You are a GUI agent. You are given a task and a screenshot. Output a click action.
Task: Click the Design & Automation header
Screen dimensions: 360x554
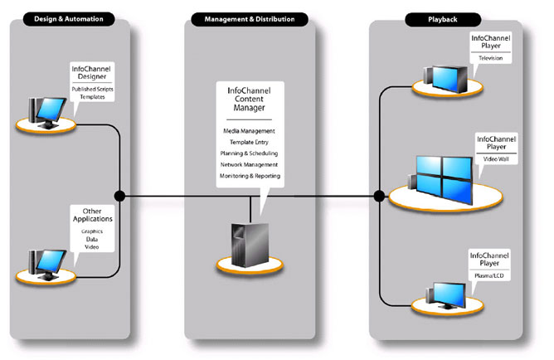[x=68, y=17]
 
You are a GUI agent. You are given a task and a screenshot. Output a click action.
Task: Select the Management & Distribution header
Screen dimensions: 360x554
[x=250, y=17]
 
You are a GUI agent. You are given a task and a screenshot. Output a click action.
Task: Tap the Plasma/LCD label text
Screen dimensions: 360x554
[x=488, y=275]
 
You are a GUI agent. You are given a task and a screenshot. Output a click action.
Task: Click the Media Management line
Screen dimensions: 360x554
[x=250, y=131]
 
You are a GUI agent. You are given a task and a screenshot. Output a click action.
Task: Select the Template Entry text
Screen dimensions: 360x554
[x=250, y=143]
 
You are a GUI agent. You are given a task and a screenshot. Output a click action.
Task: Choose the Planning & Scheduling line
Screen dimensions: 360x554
[x=250, y=153]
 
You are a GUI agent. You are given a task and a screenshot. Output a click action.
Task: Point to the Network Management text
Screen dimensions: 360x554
[x=250, y=164]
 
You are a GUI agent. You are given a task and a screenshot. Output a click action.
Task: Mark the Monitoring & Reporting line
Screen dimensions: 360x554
[x=250, y=176]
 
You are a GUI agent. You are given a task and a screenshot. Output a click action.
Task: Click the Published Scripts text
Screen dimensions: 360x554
[x=91, y=90]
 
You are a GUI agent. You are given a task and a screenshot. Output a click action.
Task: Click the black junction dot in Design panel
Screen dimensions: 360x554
[x=120, y=197]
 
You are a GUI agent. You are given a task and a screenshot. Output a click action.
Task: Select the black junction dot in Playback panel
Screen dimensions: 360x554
[x=379, y=197]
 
